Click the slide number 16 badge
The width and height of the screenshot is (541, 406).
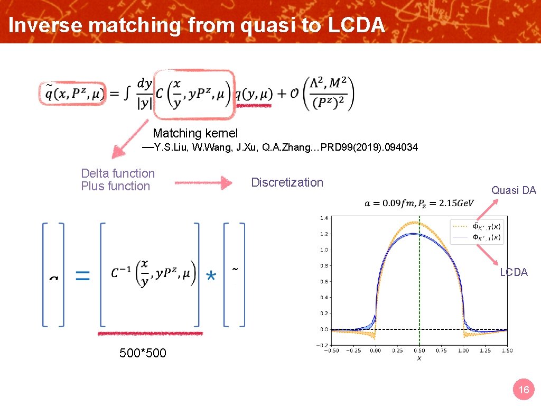[x=524, y=390]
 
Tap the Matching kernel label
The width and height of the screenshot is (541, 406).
[x=195, y=134]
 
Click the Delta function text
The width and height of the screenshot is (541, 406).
[x=118, y=173]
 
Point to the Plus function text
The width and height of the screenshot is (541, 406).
[x=116, y=186]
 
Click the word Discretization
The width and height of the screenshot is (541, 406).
[x=287, y=182]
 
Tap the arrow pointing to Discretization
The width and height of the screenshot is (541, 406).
[x=203, y=183]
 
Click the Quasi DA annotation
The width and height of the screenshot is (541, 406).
[x=514, y=190]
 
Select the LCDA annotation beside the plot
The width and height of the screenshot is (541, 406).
[x=514, y=272]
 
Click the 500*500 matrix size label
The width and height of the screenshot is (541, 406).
[x=143, y=353]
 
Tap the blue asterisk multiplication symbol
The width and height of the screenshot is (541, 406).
[x=211, y=276]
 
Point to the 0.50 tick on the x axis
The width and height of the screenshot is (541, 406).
[x=419, y=350]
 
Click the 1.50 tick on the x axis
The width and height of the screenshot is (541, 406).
[x=507, y=350]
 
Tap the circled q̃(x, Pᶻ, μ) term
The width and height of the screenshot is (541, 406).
[x=72, y=94]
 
